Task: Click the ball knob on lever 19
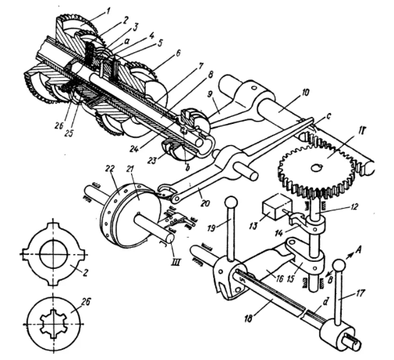(231, 202)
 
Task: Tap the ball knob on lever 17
(339, 266)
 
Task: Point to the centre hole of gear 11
(317, 168)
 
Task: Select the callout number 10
(305, 93)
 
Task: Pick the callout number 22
(110, 169)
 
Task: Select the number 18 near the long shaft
(249, 318)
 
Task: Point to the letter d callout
(325, 302)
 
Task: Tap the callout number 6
(177, 54)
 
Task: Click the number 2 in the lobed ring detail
(85, 273)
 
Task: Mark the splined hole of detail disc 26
(53, 324)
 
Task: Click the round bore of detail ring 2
(54, 253)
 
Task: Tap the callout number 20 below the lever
(204, 203)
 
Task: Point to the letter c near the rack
(328, 116)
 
